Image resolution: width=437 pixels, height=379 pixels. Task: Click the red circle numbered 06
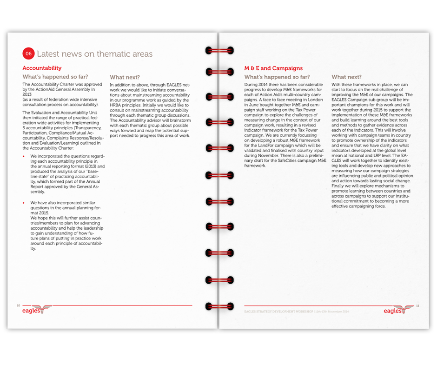tap(28, 54)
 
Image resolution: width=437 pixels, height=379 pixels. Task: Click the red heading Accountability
tap(42, 68)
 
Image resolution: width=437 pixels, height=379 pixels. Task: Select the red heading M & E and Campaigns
tap(273, 68)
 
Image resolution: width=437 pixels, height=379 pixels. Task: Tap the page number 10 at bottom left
tap(18, 306)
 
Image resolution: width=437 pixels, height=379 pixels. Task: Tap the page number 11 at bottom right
tap(417, 306)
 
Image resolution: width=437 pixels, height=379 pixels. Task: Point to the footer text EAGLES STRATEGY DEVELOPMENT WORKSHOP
tap(278, 311)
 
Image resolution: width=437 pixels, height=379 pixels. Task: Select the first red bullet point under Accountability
tap(24, 156)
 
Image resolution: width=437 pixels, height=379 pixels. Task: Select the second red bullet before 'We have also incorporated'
tap(24, 203)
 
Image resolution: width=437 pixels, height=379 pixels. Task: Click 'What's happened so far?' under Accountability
tap(55, 77)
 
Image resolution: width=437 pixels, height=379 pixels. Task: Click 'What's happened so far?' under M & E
tap(277, 77)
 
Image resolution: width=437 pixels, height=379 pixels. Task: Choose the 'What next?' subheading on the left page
tap(125, 78)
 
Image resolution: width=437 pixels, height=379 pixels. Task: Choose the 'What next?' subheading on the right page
tap(346, 77)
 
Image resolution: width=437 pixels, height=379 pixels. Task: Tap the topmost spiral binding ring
tap(218, 50)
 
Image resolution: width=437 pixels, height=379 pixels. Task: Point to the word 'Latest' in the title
tap(49, 54)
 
